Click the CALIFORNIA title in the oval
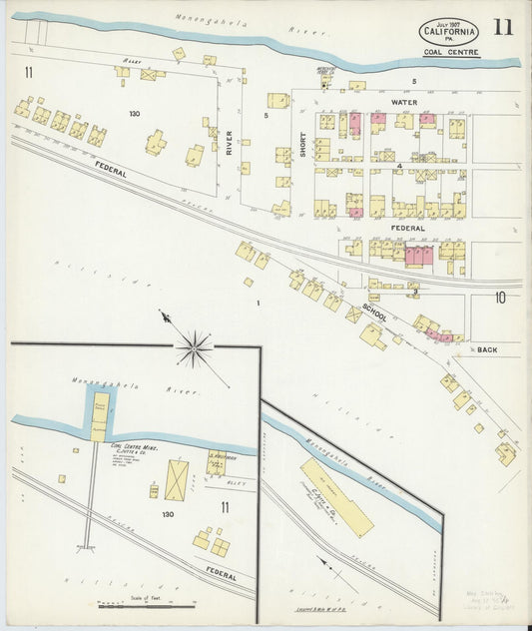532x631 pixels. click(x=448, y=32)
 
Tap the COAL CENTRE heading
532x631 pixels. click(x=450, y=52)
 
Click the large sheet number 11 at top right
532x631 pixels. click(x=502, y=27)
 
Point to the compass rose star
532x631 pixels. click(x=194, y=347)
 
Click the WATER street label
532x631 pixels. click(x=403, y=102)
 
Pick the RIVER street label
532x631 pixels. click(x=229, y=144)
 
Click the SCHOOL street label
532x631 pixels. click(x=375, y=313)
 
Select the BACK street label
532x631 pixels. click(x=486, y=349)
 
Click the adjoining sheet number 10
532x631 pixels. click(x=499, y=297)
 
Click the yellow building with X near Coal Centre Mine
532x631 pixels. click(x=176, y=480)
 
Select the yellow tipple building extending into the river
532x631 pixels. click(x=100, y=416)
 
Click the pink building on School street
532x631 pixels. click(x=439, y=336)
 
